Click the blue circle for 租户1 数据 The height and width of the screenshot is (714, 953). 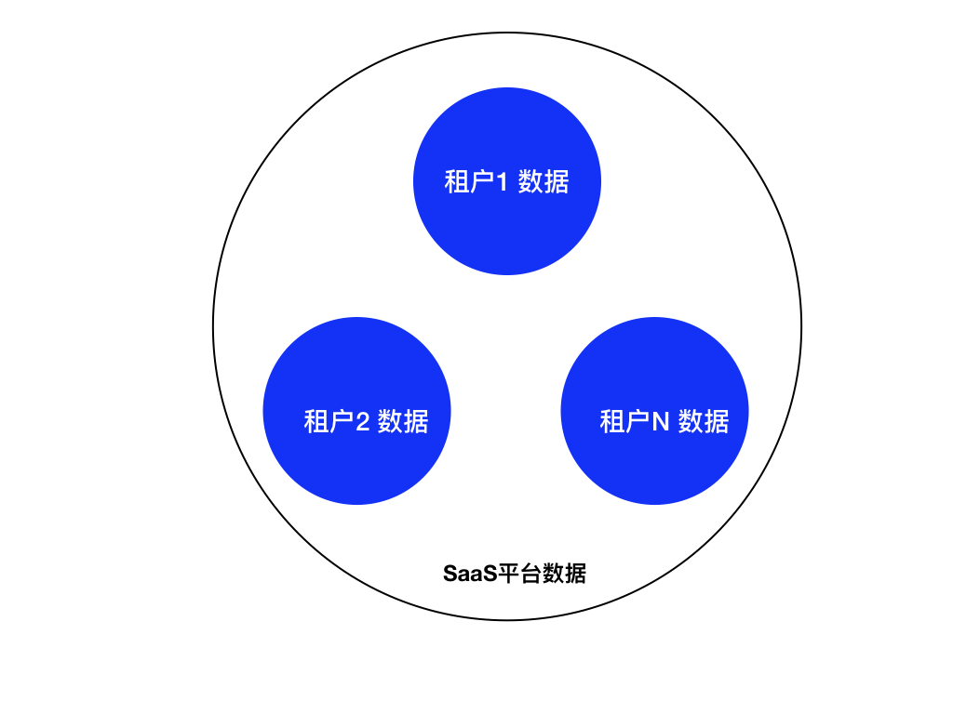507,181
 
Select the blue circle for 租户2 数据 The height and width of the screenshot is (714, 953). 356,410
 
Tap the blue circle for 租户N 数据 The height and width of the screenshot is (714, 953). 654,410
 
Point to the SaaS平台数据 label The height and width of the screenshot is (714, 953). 514,573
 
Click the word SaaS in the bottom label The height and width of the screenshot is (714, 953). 470,574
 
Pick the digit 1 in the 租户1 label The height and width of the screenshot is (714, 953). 502,182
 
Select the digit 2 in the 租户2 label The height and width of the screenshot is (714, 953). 362,422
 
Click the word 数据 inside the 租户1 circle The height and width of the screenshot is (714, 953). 544,182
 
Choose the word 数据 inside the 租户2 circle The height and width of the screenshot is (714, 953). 403,421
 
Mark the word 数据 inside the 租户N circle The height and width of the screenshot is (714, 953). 704,421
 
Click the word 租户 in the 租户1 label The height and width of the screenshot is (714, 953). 470,182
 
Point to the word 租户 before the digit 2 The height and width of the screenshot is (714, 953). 329,421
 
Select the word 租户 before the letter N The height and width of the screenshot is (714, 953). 625,421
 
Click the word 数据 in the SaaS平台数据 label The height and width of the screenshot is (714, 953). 564,573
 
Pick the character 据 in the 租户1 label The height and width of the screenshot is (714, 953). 557,182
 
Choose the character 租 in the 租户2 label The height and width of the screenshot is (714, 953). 316,421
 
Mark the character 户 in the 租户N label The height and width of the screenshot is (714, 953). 638,421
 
